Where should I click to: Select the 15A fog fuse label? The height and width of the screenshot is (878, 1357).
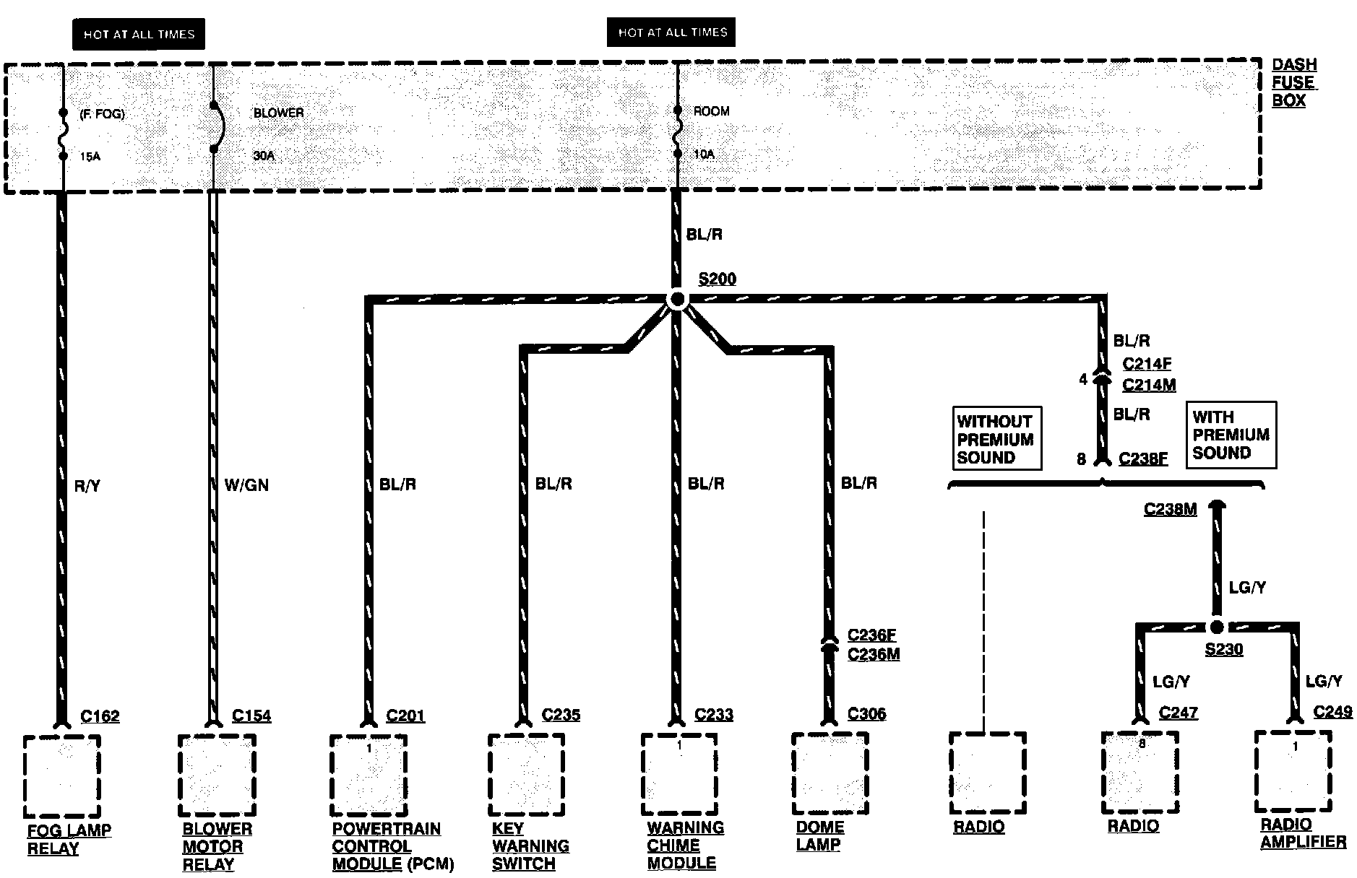[90, 156]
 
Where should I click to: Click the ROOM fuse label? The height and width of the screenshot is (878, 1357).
[711, 111]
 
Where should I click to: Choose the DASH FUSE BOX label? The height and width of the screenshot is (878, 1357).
[1293, 83]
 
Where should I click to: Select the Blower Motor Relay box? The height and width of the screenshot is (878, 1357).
[217, 775]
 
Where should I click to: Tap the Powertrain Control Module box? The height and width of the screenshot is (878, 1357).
[369, 775]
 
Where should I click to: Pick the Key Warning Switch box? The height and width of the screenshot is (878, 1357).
[525, 774]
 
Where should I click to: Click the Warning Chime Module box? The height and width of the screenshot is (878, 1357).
[678, 773]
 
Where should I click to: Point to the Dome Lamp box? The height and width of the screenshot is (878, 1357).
[830, 773]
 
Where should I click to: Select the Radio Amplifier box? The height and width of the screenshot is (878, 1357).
[1293, 771]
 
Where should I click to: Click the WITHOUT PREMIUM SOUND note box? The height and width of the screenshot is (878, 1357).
[996, 439]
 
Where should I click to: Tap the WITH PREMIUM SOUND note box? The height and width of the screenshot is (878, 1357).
[1231, 435]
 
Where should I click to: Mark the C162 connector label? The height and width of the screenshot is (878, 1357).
[100, 716]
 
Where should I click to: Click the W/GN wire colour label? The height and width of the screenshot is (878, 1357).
[246, 485]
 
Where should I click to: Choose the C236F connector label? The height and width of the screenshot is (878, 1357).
[872, 635]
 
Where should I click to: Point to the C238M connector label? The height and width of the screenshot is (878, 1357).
[1170, 510]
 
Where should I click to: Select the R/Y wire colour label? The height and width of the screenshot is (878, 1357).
[87, 487]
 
